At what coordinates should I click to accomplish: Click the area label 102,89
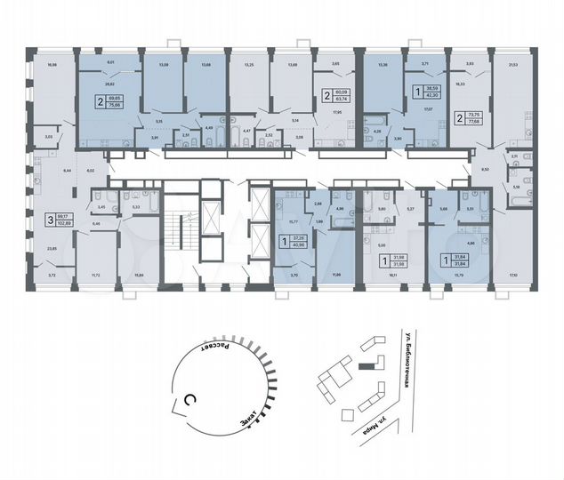(x=65, y=223)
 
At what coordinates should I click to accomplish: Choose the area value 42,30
(x=435, y=96)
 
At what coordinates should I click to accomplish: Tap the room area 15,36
(x=383, y=65)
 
